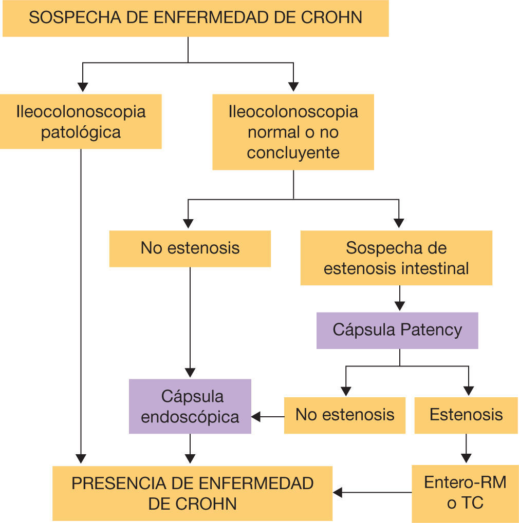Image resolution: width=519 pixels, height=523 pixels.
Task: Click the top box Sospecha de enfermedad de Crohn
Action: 195,18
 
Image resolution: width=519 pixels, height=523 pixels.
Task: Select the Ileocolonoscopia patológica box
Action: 81,122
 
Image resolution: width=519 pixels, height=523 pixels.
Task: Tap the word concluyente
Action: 293,153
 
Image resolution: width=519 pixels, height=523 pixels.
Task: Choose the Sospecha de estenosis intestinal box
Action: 396,258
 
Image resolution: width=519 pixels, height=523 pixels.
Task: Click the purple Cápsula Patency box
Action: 397,330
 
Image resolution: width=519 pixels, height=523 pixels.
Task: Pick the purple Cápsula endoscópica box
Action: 190,406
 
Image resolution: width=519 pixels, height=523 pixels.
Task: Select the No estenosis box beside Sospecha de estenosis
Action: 190,248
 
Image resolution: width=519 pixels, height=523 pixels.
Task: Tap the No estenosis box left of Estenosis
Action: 345,415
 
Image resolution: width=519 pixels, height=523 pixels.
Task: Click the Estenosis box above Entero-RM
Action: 466,415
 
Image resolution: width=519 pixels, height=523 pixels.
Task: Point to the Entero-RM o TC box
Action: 465,493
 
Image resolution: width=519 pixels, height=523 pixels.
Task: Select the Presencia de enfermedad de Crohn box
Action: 192,493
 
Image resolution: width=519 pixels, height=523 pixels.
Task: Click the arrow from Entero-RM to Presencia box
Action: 372,493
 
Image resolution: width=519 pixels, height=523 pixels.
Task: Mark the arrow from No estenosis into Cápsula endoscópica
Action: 268,416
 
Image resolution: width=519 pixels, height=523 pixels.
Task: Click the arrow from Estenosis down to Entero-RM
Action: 466,450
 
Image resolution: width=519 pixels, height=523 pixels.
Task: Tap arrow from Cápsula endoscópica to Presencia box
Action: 190,450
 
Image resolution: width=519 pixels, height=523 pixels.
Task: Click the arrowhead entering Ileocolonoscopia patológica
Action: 83,87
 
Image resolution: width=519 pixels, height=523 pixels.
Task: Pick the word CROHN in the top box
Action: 331,17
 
